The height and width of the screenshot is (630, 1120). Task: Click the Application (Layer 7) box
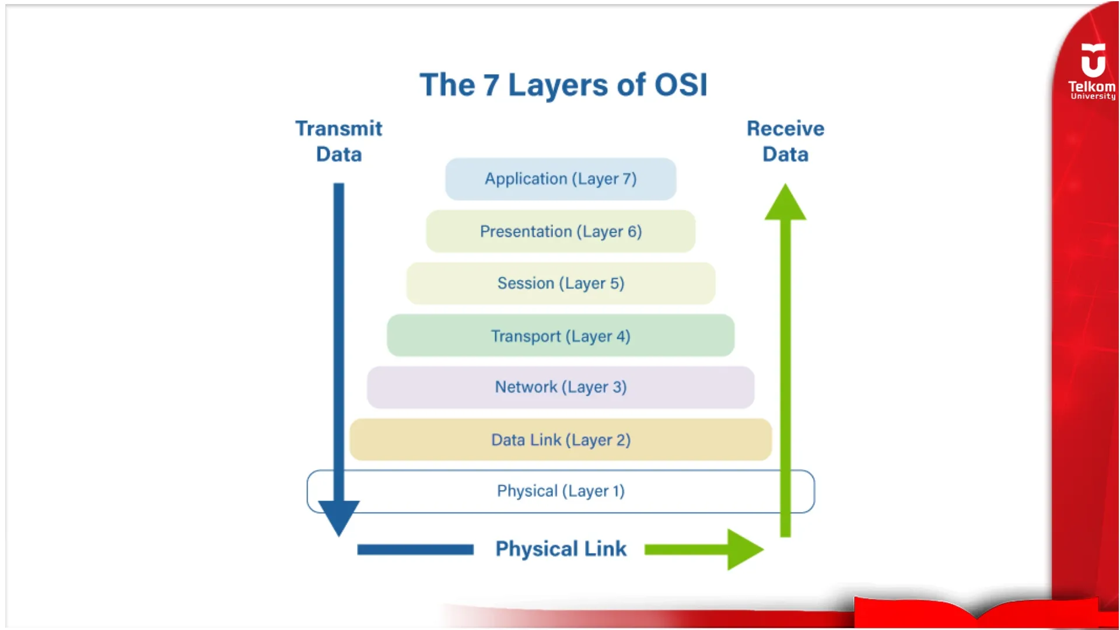click(561, 179)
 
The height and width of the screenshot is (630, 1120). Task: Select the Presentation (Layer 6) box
click(561, 232)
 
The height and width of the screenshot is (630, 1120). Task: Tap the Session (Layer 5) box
click(561, 283)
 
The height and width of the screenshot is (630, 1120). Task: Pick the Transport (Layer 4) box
click(561, 336)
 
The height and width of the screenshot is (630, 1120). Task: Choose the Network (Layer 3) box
click(561, 387)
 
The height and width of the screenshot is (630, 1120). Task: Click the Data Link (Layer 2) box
click(561, 440)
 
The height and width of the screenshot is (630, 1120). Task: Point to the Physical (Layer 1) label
click(561, 491)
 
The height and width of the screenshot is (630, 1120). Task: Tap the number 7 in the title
click(491, 85)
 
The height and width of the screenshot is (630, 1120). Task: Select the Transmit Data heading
click(339, 141)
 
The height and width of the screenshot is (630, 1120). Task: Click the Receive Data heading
click(785, 141)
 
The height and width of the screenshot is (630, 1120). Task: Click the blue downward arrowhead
click(339, 516)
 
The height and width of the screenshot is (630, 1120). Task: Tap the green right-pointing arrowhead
click(743, 549)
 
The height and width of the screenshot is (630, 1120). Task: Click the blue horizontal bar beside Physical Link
click(415, 549)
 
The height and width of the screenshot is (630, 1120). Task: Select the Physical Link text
click(561, 549)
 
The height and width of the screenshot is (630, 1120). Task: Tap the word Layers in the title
click(558, 85)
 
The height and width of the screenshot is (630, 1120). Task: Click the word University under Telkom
click(1093, 97)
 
